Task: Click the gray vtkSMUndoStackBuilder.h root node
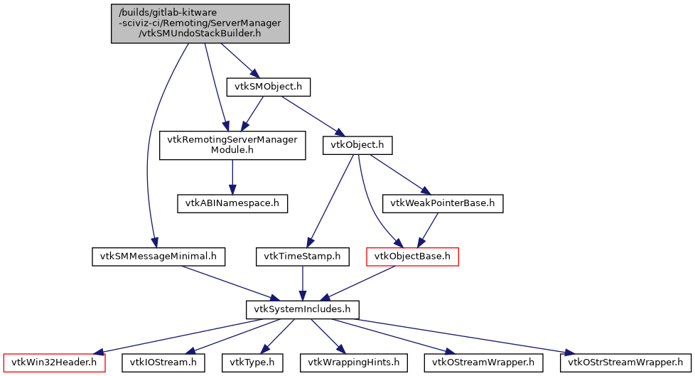click(200, 23)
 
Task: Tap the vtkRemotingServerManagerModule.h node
click(232, 145)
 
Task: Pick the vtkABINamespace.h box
click(232, 203)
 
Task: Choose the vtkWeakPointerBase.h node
click(443, 203)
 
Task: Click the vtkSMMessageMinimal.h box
click(158, 256)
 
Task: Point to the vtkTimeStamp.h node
click(303, 256)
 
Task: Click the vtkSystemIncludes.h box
click(303, 309)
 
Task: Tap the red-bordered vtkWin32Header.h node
click(53, 362)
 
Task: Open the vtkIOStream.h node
click(163, 362)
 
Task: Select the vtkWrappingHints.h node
click(344, 362)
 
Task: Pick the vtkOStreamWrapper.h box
click(484, 362)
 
